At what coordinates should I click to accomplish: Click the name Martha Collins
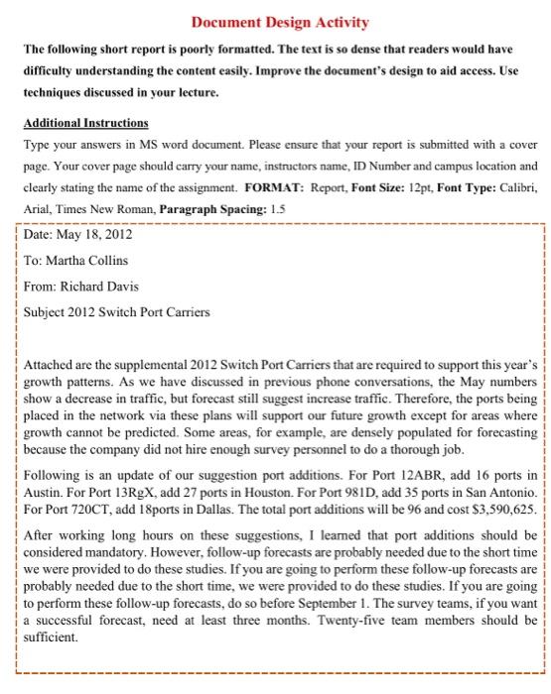tap(86, 261)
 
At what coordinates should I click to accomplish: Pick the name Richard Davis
tap(99, 287)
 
